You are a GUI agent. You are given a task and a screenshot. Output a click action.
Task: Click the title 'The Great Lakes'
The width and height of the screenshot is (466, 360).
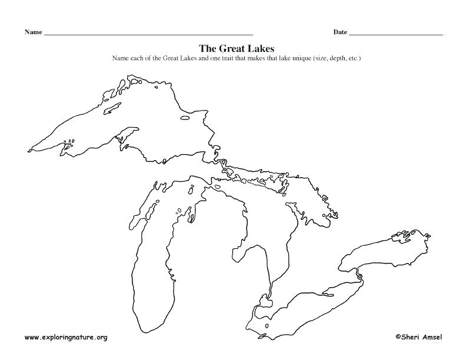tap(237, 48)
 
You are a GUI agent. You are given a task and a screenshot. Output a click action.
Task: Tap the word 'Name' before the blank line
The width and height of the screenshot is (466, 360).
tap(33, 32)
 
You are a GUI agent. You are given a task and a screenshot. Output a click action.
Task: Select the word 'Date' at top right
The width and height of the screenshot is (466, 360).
tap(340, 32)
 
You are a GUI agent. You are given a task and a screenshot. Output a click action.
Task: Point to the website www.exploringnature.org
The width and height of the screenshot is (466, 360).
tap(66, 338)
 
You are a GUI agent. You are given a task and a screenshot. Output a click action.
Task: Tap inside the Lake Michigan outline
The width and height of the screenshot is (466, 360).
tap(147, 265)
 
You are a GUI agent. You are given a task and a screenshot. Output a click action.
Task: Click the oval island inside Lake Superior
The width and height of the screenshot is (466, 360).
tap(185, 118)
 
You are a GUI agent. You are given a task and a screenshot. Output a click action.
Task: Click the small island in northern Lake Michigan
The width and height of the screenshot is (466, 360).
tap(191, 189)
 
